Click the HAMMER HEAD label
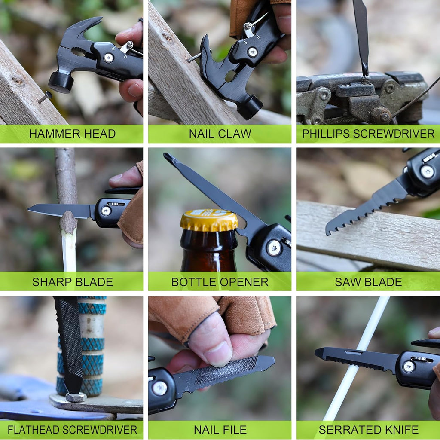pos(72,134)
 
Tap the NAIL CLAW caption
pos(220,134)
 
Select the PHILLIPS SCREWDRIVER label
pos(368,134)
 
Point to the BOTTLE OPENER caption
pos(220,282)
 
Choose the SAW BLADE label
pos(368,282)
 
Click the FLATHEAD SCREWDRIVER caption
pos(72,429)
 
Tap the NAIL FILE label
pos(220,429)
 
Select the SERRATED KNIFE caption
pos(368,429)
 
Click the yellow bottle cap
pos(209,220)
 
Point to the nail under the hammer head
pos(44,97)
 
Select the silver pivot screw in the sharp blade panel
pos(106,211)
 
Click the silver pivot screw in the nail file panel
pos(159,388)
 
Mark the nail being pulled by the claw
pos(194,57)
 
